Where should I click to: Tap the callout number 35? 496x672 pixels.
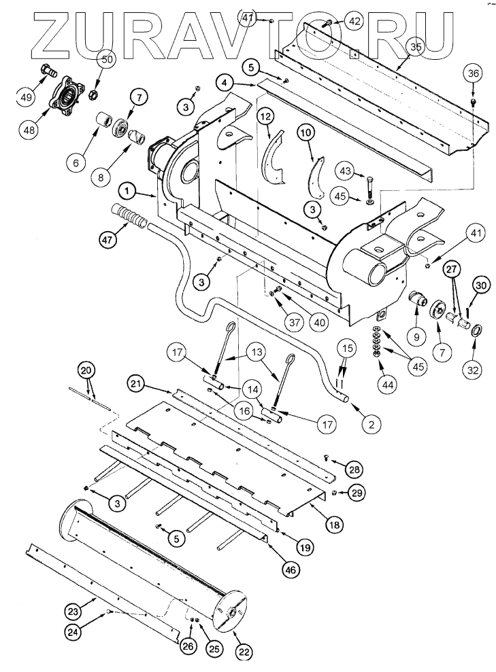tap(414, 46)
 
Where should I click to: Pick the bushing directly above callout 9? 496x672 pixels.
tap(417, 299)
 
